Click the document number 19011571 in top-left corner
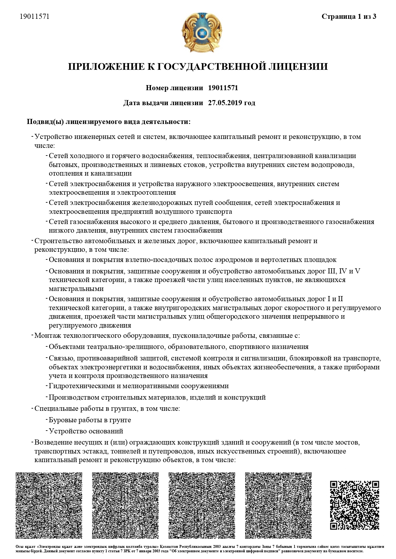tap(34, 17)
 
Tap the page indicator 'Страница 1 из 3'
tap(349, 17)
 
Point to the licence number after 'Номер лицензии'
tap(223, 88)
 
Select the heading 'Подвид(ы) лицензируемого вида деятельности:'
tap(109, 122)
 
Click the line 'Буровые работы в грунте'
tap(90, 420)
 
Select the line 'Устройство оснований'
tap(86, 431)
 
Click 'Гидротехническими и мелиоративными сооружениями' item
tap(138, 386)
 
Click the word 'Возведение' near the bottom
tap(52, 442)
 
